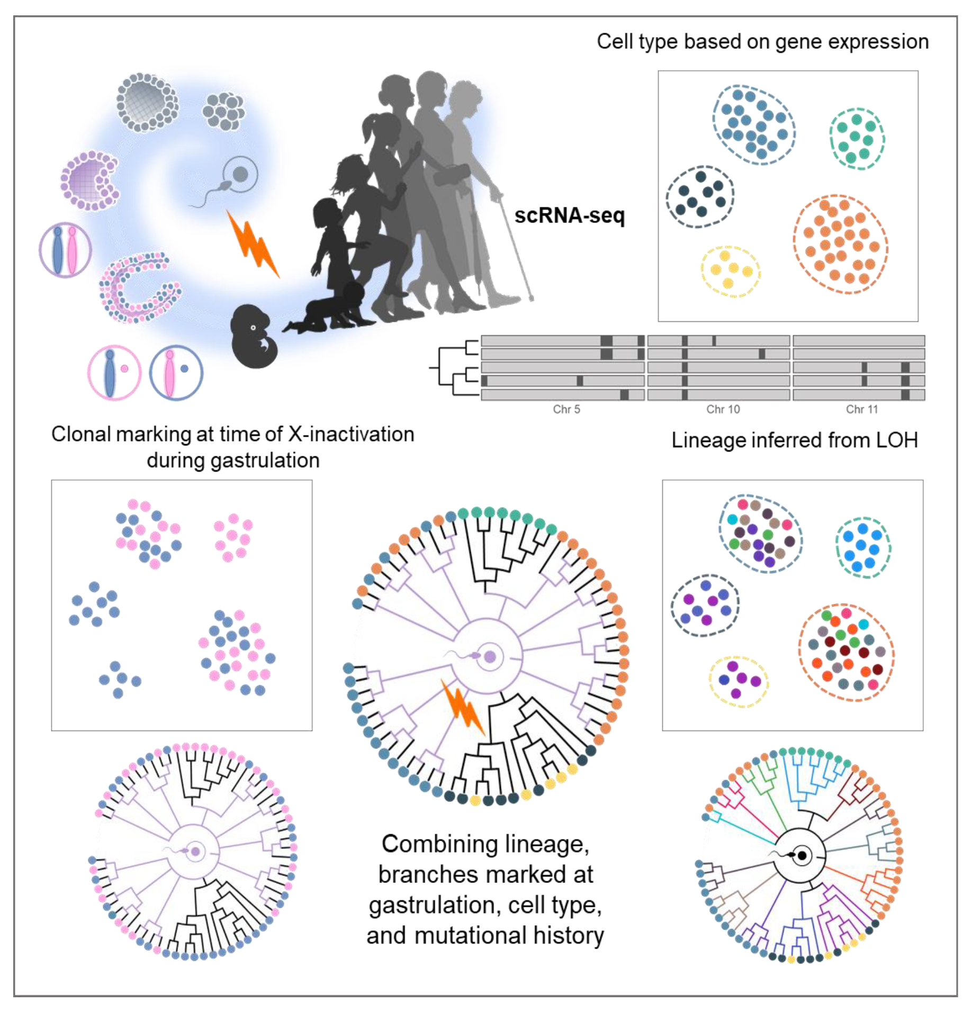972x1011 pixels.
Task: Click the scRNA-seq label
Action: (569, 215)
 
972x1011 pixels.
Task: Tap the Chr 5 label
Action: (566, 409)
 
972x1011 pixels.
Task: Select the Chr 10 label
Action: (723, 409)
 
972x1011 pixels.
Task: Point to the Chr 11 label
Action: (861, 409)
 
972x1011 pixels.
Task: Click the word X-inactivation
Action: (351, 435)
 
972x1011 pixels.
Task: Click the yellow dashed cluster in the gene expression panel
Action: (731, 270)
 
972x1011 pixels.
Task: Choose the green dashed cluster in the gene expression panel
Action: (857, 138)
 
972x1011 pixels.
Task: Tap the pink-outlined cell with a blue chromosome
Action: (114, 373)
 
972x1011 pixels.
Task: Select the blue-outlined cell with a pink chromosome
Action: (176, 373)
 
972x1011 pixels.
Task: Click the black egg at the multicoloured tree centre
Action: (803, 855)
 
